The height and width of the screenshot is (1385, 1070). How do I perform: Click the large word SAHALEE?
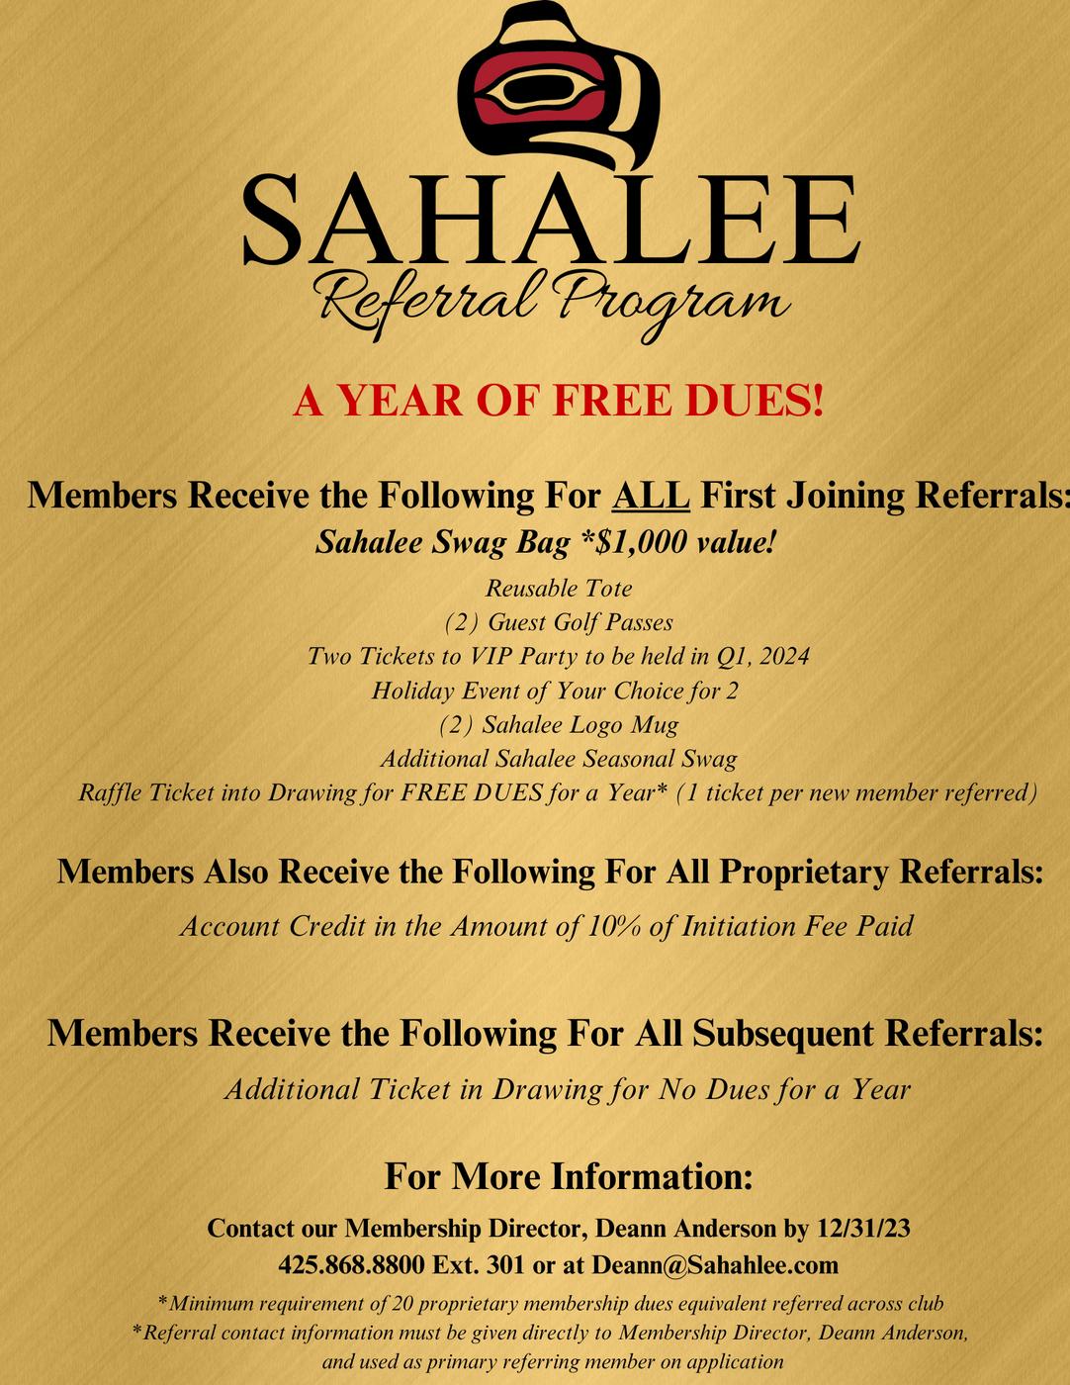point(549,220)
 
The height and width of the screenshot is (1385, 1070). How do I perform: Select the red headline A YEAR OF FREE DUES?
point(559,401)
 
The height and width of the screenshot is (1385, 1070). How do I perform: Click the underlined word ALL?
point(651,495)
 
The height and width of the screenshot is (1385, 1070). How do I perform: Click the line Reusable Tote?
point(559,588)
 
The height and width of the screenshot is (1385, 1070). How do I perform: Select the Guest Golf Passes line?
point(559,622)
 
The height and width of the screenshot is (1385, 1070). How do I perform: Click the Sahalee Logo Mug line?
point(559,724)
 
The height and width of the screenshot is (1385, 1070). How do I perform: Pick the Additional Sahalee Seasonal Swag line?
point(559,759)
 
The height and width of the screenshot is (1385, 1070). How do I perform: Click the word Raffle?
point(111,792)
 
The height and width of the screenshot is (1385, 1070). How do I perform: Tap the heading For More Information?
point(569,1177)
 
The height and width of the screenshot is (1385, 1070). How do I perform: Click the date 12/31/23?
point(863,1229)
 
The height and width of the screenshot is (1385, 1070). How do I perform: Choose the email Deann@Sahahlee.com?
point(715,1265)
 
